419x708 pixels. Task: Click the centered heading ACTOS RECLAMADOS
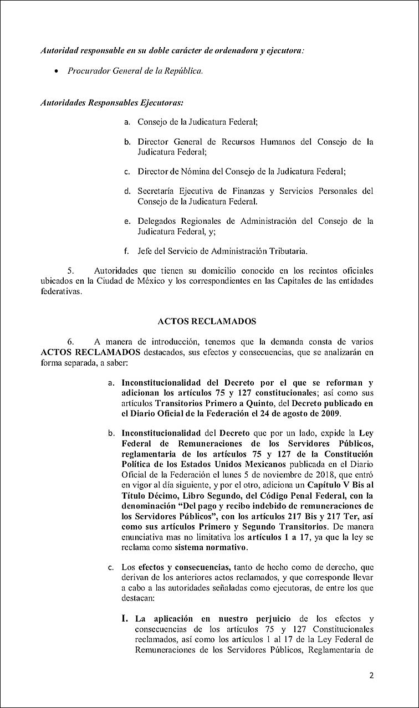207,321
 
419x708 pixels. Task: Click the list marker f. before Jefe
127,251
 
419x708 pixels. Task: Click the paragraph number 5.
70,271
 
